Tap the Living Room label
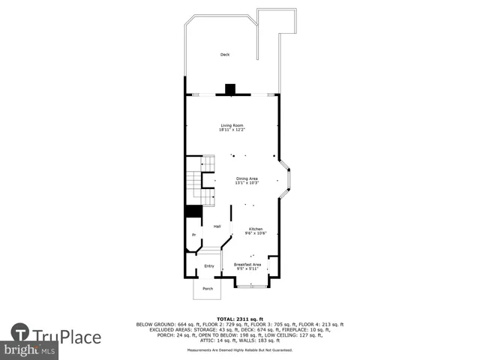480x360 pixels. click(x=232, y=124)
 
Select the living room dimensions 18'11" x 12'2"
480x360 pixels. click(x=232, y=130)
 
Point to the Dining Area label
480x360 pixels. click(x=247, y=178)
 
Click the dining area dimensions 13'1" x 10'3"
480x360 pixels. click(x=247, y=183)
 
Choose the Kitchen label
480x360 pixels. click(x=256, y=229)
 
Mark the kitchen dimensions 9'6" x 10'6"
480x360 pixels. click(x=256, y=234)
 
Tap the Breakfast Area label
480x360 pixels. click(x=247, y=264)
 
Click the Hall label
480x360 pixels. click(x=217, y=226)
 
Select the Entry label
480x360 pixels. click(x=209, y=266)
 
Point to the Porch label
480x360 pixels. click(x=208, y=289)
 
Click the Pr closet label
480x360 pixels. click(x=193, y=235)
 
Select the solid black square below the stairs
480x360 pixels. click(x=193, y=211)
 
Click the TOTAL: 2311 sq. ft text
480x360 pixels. click(x=240, y=319)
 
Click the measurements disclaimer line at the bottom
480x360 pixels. click(x=240, y=350)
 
